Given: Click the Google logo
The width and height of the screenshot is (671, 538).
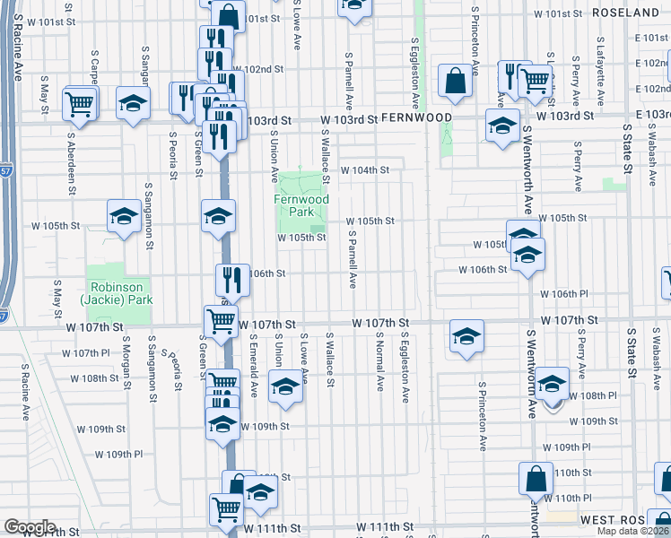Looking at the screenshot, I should [30, 527].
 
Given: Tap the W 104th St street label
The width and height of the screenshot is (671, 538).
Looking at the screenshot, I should [364, 169].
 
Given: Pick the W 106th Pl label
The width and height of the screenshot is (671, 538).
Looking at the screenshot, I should [563, 294].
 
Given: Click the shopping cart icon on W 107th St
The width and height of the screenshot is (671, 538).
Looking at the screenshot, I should [220, 319].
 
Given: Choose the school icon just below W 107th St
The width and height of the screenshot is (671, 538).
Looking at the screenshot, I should [466, 336].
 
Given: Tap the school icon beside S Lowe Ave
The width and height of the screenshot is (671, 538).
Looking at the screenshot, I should [285, 387].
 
